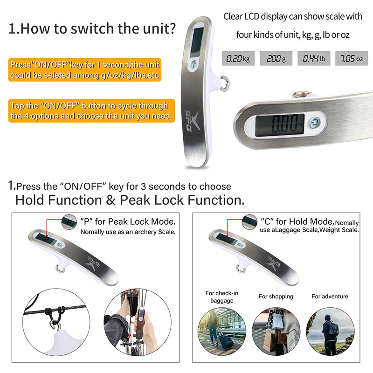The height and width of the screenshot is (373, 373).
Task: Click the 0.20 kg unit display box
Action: pos(238,58)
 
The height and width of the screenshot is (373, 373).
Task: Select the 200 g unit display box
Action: pos(276,58)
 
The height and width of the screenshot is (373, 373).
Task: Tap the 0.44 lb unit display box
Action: pos(314,58)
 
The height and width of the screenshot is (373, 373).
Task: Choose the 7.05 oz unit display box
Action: pos(352,58)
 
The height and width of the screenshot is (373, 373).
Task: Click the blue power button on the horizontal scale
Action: pos(314,123)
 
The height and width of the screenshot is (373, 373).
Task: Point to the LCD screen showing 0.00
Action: pos(280,125)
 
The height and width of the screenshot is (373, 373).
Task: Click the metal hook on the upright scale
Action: pos(225,83)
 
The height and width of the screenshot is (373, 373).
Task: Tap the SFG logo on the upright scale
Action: pos(192,121)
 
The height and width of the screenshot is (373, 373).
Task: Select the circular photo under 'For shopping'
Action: pos(276,332)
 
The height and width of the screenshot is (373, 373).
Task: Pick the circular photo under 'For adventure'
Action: pos(330,332)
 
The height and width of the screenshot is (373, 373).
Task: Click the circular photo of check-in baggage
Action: pos(222,332)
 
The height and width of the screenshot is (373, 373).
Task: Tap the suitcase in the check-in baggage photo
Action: pos(225,340)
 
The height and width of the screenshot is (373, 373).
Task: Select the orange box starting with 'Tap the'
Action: pos(91,111)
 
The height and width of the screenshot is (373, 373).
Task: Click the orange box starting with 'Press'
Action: pos(85,69)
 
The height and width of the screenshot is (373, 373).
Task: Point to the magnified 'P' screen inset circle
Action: pos(69,222)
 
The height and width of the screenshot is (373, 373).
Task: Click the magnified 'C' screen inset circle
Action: pos(249,222)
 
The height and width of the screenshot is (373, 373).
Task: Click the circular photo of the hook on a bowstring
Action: pos(56,322)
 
